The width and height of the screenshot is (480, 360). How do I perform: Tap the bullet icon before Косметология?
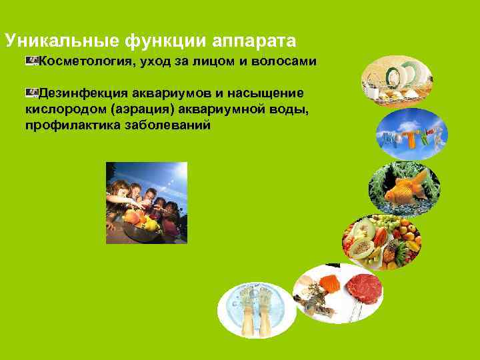pos(32,61)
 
